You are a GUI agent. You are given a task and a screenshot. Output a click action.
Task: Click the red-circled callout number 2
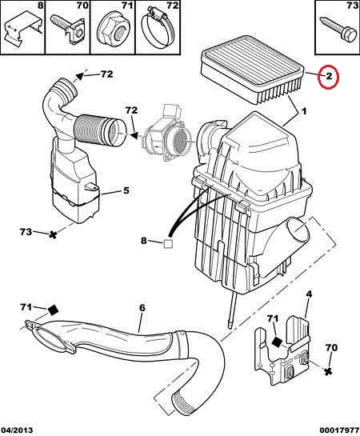tap(329, 77)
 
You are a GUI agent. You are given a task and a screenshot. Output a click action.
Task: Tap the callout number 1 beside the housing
tap(304, 111)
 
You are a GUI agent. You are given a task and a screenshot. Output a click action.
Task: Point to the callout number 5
tap(126, 190)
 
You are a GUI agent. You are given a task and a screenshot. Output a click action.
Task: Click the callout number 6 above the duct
tap(142, 308)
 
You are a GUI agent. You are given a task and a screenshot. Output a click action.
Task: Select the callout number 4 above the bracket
tap(309, 294)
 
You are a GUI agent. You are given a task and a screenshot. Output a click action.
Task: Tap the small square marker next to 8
tap(168, 243)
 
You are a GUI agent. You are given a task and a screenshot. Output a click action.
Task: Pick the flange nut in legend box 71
tap(112, 30)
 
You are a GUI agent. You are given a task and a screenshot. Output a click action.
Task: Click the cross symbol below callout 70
tap(328, 370)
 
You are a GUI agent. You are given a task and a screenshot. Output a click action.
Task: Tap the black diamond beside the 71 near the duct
tap(53, 310)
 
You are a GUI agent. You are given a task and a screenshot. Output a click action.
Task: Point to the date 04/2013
tap(17, 430)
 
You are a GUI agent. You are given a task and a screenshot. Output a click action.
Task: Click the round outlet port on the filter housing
tap(298, 230)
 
